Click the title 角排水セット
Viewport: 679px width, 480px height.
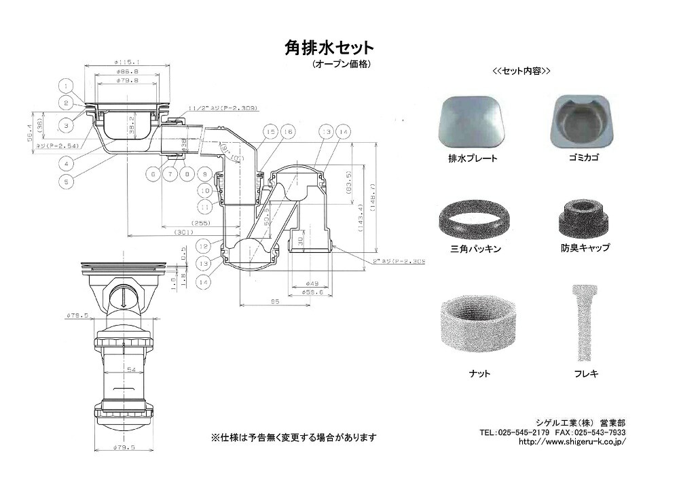[x=328, y=49]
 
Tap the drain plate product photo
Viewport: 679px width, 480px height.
[x=473, y=123]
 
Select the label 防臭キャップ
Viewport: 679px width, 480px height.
[x=585, y=248]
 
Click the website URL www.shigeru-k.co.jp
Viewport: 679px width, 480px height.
[x=572, y=441]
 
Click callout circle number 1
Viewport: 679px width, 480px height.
[x=66, y=86]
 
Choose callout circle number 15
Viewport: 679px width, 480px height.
[x=270, y=131]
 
